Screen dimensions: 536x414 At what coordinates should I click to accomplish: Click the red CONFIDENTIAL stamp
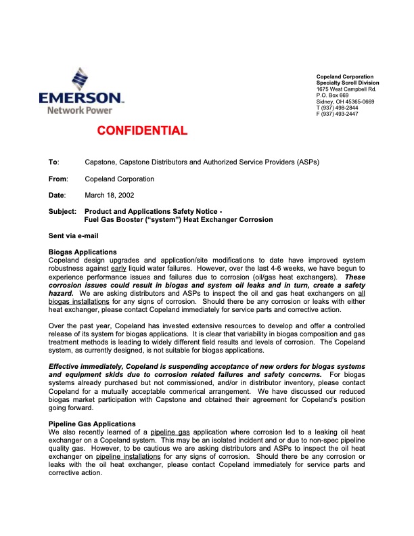[141, 131]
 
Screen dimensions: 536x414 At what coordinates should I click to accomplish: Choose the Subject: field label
[62, 212]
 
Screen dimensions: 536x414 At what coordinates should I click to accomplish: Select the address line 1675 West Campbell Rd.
[346, 89]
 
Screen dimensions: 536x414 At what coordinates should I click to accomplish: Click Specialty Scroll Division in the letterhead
[348, 83]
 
